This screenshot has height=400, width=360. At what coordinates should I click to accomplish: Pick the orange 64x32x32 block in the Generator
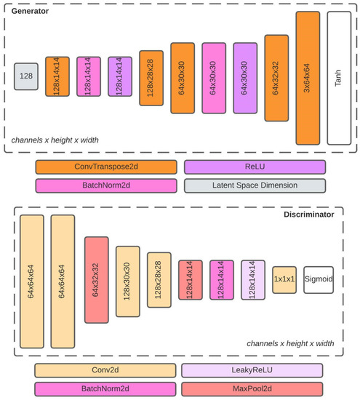(x=276, y=77)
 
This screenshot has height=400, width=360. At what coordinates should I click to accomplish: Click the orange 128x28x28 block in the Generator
(x=151, y=77)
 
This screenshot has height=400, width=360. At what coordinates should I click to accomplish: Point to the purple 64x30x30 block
(x=245, y=77)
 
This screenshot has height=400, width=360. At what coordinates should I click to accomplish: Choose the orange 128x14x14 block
(x=57, y=77)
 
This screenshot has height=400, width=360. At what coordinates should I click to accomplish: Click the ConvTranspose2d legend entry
(x=105, y=167)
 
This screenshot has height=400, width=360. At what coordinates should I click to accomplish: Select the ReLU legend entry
(x=255, y=167)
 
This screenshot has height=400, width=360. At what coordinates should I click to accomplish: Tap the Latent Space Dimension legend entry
(x=255, y=185)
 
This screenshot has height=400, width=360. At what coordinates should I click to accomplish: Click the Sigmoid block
(x=318, y=280)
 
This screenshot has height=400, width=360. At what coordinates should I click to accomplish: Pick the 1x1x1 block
(x=285, y=280)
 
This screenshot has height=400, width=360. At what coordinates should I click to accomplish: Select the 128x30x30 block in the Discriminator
(x=128, y=280)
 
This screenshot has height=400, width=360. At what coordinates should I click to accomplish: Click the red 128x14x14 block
(x=191, y=280)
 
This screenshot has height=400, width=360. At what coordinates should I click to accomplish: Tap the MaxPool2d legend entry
(x=252, y=390)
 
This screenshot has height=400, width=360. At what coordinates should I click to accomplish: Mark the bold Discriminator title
(x=308, y=215)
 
